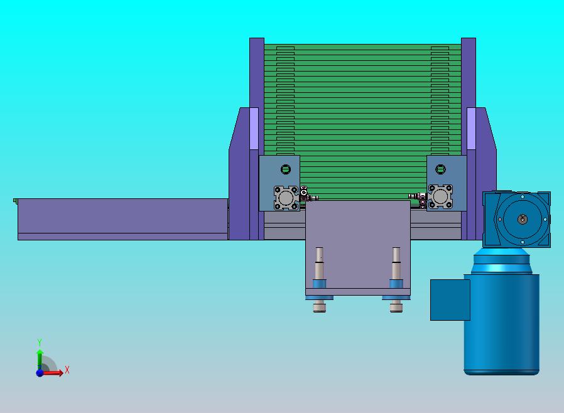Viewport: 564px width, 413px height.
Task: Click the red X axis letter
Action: [67, 370]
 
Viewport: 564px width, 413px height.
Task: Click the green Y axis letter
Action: [40, 342]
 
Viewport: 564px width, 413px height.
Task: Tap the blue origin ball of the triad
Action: [40, 373]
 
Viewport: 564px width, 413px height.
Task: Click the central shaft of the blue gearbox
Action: [523, 219]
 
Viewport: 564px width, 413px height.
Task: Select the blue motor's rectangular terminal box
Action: [450, 300]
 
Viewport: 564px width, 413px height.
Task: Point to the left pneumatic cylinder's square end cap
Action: [286, 198]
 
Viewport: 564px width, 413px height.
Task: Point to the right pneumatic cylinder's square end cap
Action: [440, 196]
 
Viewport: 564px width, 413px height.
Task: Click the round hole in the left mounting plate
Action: [286, 169]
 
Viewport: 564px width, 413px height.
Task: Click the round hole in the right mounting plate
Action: [441, 169]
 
